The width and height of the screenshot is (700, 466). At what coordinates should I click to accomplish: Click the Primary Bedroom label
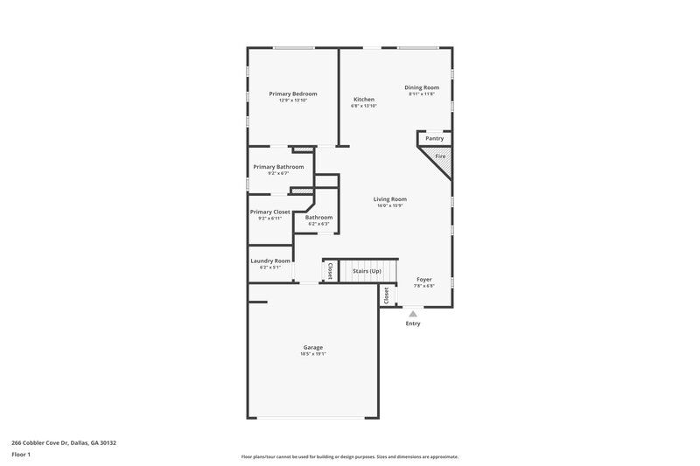pos(292,94)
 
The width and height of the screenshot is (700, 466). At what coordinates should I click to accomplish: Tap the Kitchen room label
pos(363,100)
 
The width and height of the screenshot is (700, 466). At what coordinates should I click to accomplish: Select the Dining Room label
pos(421,87)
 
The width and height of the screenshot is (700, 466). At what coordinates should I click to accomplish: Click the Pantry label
pos(434,138)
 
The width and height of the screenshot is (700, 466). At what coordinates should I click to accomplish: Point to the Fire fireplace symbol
pos(440,156)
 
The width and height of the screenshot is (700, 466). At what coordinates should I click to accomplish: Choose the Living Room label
pos(389,199)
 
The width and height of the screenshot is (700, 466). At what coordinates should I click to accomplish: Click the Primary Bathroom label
pos(278,167)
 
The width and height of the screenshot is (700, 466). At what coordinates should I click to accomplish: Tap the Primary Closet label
pos(269,212)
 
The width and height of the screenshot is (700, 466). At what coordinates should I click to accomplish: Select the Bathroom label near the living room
pos(318,217)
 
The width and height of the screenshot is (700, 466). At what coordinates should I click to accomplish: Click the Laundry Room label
pos(269,261)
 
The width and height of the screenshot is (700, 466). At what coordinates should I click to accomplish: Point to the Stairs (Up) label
pos(367,271)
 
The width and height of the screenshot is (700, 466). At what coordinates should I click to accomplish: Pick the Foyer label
pos(423,280)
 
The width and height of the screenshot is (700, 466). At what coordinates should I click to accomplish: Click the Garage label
pos(314,347)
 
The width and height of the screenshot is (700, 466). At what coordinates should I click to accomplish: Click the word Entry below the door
pos(412,323)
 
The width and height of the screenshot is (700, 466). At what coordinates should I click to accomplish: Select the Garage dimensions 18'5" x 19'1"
pos(314,354)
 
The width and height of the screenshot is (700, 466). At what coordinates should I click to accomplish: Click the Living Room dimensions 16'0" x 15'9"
pos(389,206)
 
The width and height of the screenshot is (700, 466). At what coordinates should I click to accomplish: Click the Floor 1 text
pos(22,456)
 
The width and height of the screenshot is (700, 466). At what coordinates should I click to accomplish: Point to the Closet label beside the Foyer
pos(386,296)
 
